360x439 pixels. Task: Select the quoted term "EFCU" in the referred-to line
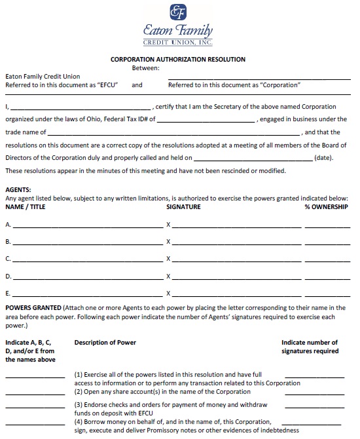coord(107,85)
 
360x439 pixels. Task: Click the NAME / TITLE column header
coord(28,207)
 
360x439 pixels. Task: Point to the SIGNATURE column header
coord(183,207)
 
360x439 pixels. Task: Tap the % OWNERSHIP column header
coord(326,207)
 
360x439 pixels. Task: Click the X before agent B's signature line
coord(168,242)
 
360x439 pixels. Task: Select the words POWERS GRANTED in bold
coord(33,308)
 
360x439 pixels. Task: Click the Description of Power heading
coord(105,343)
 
